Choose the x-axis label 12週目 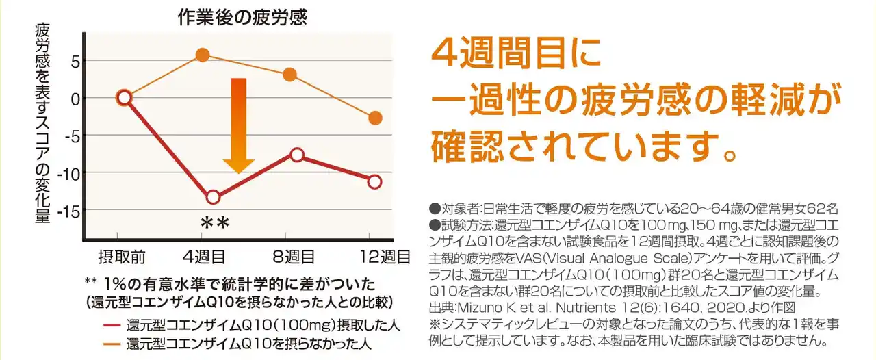(385, 258)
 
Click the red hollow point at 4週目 (213, 198)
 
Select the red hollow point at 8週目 (297, 155)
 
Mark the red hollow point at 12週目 (374, 181)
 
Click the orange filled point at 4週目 (203, 55)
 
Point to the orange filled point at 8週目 (289, 75)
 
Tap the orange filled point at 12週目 (374, 118)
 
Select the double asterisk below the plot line (214, 224)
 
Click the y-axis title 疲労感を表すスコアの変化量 (42, 123)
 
